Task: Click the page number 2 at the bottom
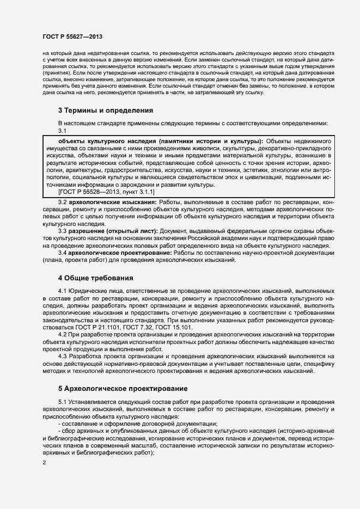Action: (x=44, y=463)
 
